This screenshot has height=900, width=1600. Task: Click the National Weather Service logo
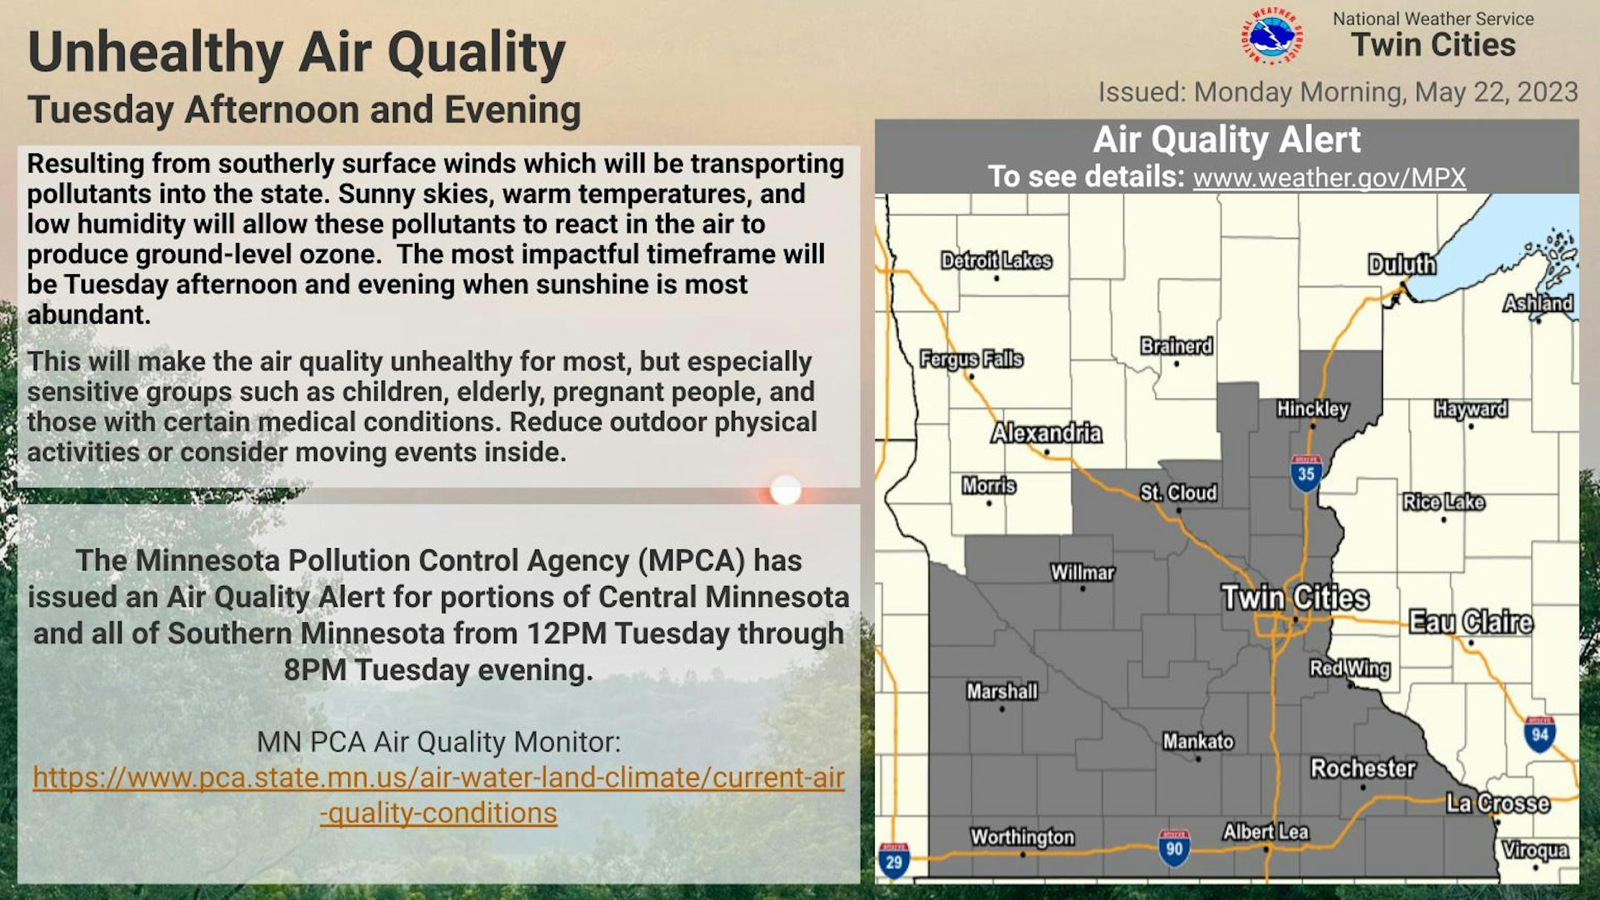click(x=1272, y=36)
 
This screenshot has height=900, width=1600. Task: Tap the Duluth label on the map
click(x=1401, y=264)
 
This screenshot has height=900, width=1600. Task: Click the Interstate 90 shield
click(x=1174, y=848)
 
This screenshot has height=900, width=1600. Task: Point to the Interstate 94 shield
click(x=1540, y=734)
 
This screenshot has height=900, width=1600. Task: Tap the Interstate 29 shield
click(x=894, y=861)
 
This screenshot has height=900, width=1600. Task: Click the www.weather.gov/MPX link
click(x=1330, y=178)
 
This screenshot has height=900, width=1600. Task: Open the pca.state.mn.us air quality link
click(x=439, y=795)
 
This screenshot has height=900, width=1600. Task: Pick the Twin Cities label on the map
click(x=1296, y=597)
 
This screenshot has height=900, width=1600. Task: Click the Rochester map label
click(x=1363, y=768)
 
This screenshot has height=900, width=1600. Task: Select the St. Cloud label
click(x=1178, y=493)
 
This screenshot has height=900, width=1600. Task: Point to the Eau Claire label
click(x=1471, y=622)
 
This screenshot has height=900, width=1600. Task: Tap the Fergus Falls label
click(x=971, y=359)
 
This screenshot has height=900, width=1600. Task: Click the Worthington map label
click(x=1022, y=837)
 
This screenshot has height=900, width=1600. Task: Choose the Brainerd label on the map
click(x=1176, y=346)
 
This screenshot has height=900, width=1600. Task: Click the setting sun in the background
click(x=785, y=490)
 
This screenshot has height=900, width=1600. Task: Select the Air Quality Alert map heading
click(x=1227, y=139)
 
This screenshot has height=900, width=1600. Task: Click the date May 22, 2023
click(x=1496, y=92)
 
